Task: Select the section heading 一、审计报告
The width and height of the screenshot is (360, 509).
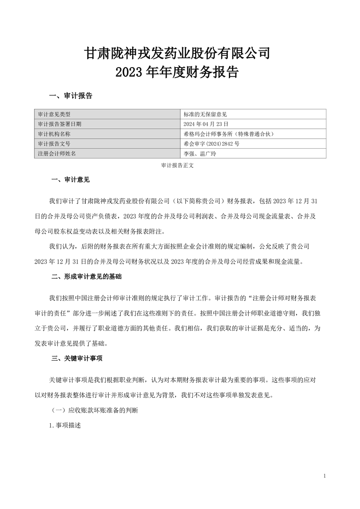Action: [x=70, y=96]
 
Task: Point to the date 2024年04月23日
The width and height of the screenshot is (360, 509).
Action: [x=205, y=124]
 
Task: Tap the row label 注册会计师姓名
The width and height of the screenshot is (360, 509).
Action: [x=57, y=153]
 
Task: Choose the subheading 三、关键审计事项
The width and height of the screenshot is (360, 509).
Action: [x=77, y=358]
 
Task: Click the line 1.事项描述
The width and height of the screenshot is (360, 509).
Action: [x=65, y=427]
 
